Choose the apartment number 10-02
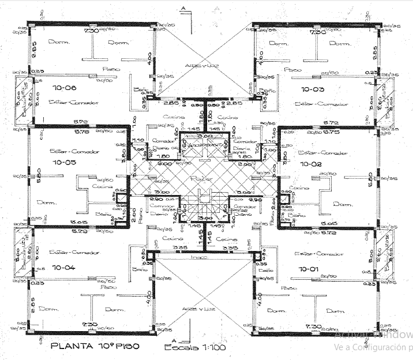[x=311, y=164]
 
